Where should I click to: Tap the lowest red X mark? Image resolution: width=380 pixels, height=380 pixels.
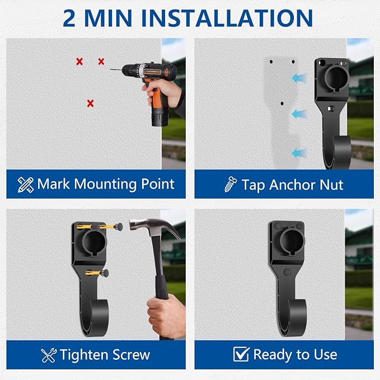click(x=90, y=103)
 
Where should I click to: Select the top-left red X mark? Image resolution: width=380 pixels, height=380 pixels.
click(x=79, y=61)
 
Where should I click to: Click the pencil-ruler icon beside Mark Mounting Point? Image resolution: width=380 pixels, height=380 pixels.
click(x=25, y=184)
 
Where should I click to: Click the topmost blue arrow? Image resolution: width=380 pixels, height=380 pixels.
click(x=300, y=79)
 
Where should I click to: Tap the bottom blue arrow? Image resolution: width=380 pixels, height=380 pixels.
click(x=299, y=152)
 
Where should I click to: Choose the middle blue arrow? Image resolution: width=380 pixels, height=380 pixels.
click(x=299, y=114)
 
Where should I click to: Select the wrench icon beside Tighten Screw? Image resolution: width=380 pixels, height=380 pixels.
click(x=49, y=355)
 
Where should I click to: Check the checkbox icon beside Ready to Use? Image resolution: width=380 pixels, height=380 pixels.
click(x=241, y=354)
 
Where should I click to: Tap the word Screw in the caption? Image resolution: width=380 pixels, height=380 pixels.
click(x=128, y=355)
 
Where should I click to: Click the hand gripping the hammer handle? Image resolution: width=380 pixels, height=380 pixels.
click(x=166, y=317)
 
